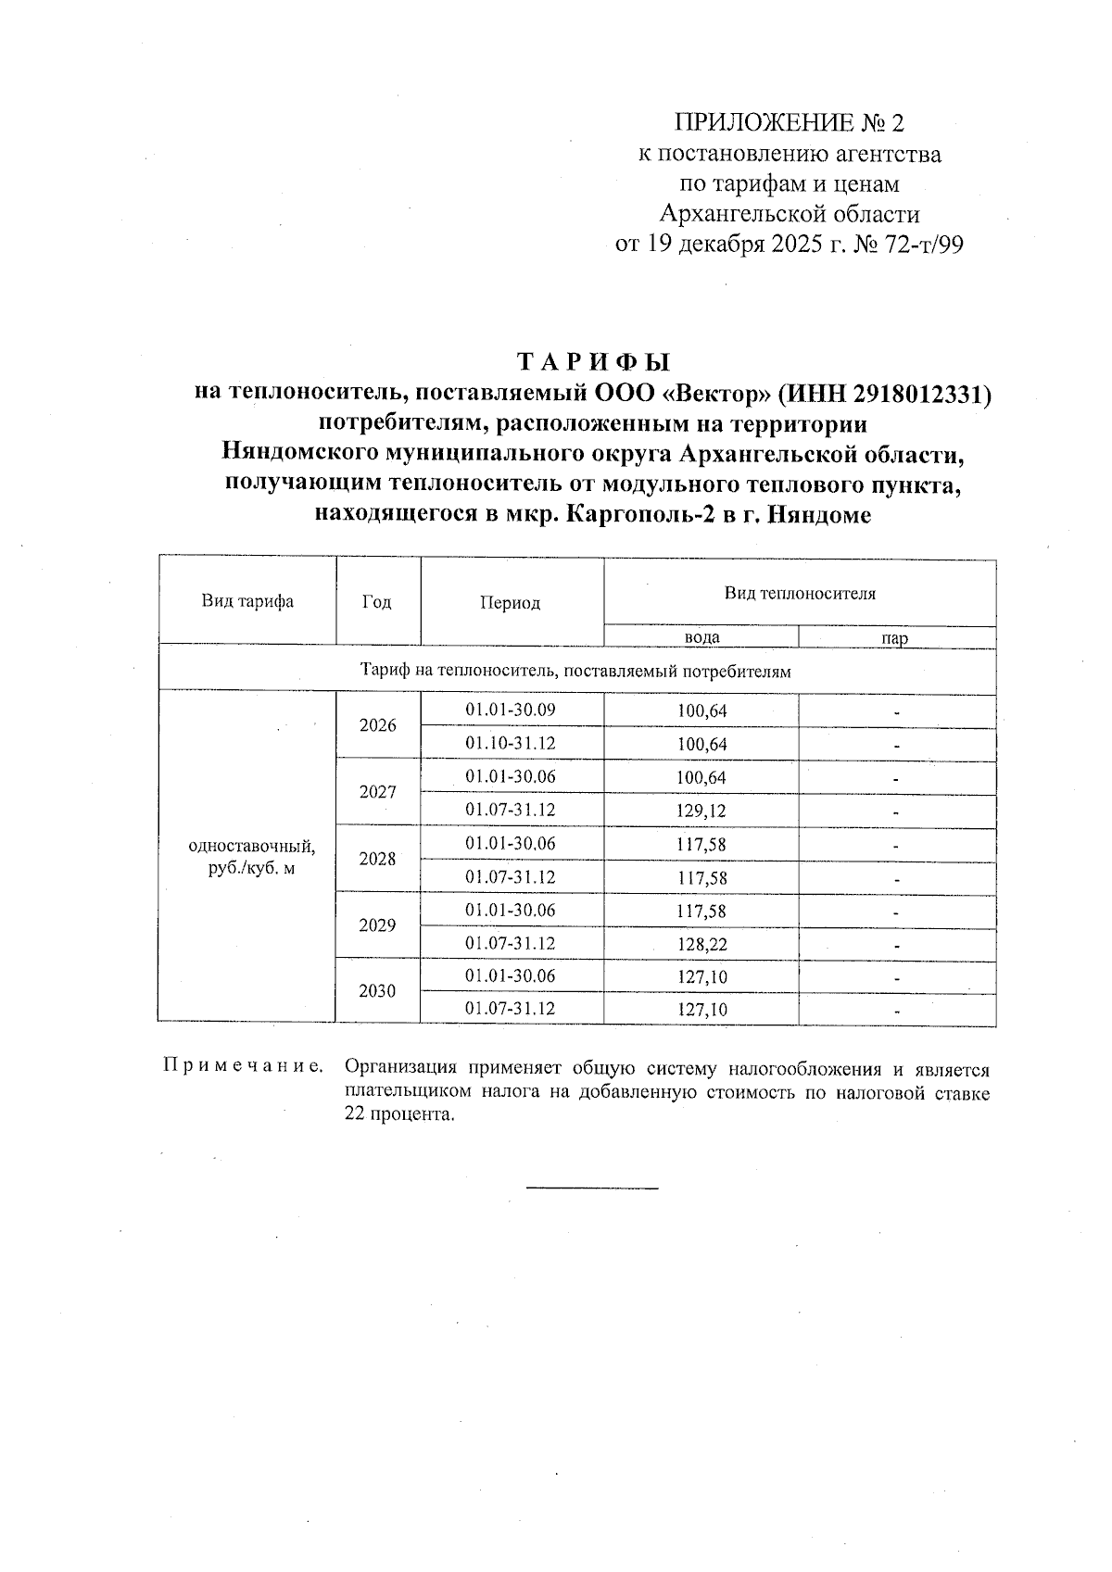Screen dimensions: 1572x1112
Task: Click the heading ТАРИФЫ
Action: point(593,362)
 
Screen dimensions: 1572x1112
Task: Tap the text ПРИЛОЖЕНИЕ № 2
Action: point(789,123)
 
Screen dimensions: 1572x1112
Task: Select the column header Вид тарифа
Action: point(247,601)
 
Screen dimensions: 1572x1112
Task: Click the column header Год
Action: point(377,602)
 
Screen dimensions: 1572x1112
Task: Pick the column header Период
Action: point(510,603)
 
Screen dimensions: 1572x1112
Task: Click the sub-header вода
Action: point(701,638)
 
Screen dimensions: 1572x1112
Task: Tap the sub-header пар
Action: point(895,638)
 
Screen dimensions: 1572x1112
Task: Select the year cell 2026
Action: point(377,726)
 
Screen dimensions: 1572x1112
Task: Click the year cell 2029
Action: point(377,925)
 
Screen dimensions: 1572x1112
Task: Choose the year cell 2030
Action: point(377,991)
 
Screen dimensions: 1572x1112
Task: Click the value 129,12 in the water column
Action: point(701,811)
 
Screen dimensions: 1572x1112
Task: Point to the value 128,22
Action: point(701,945)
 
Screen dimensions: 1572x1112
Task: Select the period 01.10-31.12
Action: point(510,744)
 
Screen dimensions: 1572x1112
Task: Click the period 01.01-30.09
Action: point(510,711)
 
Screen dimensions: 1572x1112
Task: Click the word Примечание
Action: point(243,1066)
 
